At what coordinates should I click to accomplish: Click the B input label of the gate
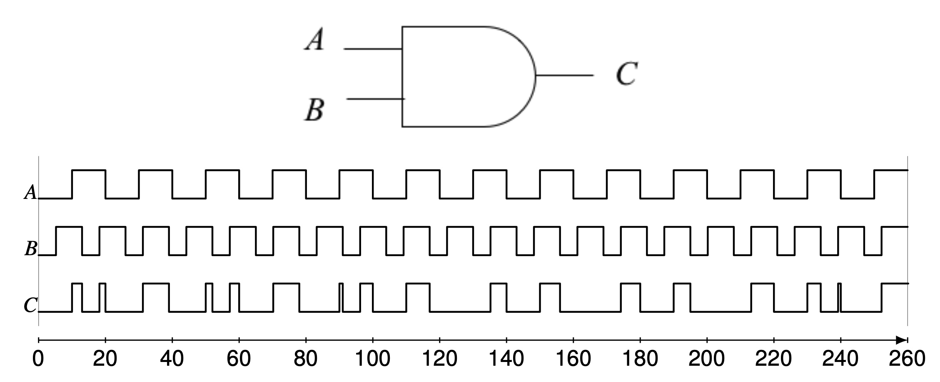pyautogui.click(x=314, y=110)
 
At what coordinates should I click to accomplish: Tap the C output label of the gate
pyautogui.click(x=626, y=74)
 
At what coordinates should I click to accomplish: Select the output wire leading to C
pyautogui.click(x=564, y=75)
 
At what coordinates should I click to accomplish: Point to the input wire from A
pyautogui.click(x=372, y=49)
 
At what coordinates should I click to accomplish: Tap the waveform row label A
pyautogui.click(x=30, y=193)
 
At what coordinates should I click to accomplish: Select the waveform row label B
pyautogui.click(x=30, y=249)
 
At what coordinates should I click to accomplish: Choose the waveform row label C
pyautogui.click(x=30, y=305)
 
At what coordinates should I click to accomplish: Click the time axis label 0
pyautogui.click(x=38, y=359)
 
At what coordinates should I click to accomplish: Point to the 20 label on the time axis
pyautogui.click(x=105, y=359)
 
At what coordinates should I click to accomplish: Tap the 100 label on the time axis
pyautogui.click(x=372, y=359)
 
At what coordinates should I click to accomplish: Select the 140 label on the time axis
pyautogui.click(x=506, y=359)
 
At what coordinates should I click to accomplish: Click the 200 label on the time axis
pyautogui.click(x=706, y=359)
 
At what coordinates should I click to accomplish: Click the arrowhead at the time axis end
pyautogui.click(x=902, y=340)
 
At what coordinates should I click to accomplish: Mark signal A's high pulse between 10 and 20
pyautogui.click(x=89, y=171)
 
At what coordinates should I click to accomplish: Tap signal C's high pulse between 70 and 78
pyautogui.click(x=286, y=284)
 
